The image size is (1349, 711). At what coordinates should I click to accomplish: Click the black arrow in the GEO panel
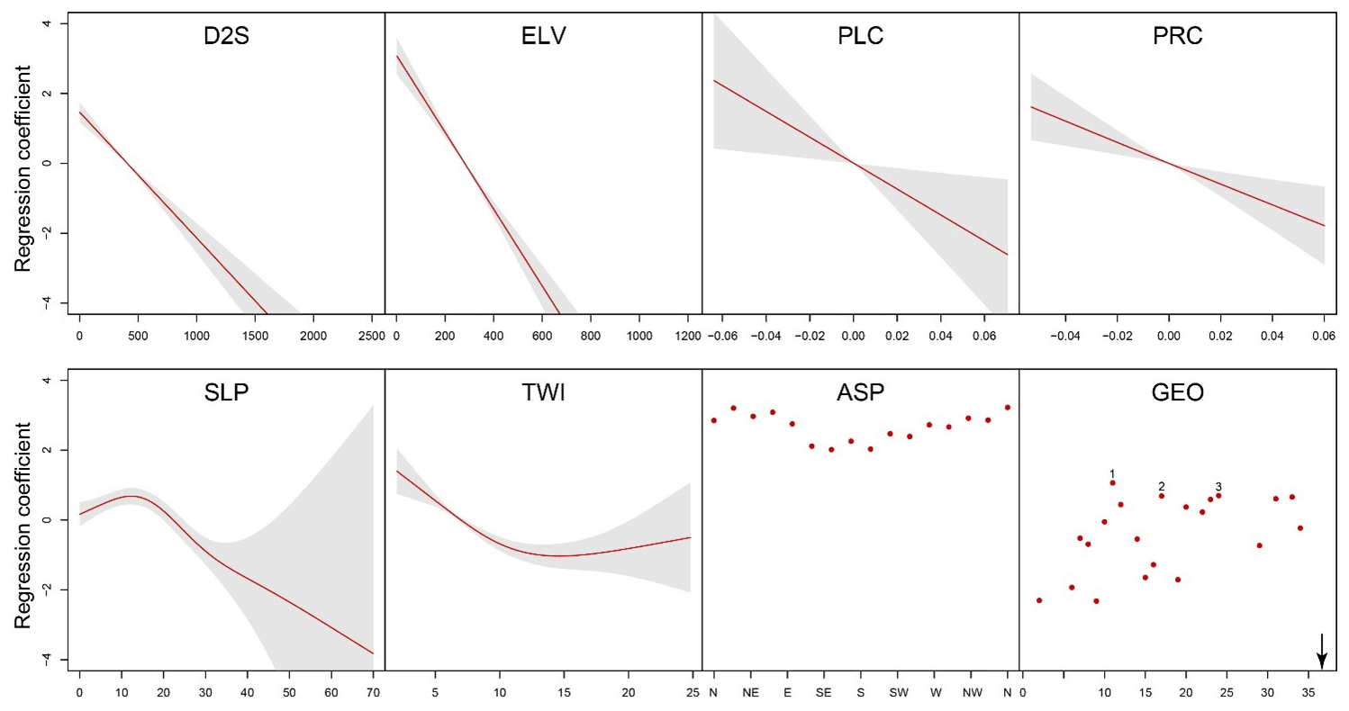1321,650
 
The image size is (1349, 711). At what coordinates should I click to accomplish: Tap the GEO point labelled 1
1113,483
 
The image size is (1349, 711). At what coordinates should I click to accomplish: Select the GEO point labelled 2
1162,496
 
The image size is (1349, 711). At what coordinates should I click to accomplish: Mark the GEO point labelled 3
1218,496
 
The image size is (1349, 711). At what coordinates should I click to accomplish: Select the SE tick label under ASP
823,693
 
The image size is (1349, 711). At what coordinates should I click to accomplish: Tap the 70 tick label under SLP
373,693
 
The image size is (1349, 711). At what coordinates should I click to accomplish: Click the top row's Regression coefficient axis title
24,164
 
